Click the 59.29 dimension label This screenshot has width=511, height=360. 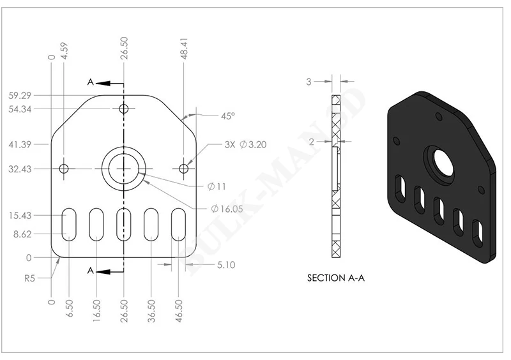point(20,96)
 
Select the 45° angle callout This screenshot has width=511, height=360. point(228,116)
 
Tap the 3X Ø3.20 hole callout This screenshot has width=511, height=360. point(245,144)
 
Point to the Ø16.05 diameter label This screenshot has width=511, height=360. point(227,209)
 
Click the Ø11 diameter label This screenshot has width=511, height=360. point(217,186)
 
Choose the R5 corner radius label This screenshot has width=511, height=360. point(29,278)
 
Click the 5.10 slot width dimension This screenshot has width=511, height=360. point(226,264)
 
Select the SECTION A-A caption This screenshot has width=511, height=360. point(336,278)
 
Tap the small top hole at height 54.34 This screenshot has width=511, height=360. point(123,109)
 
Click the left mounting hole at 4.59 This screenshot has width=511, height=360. point(64,169)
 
